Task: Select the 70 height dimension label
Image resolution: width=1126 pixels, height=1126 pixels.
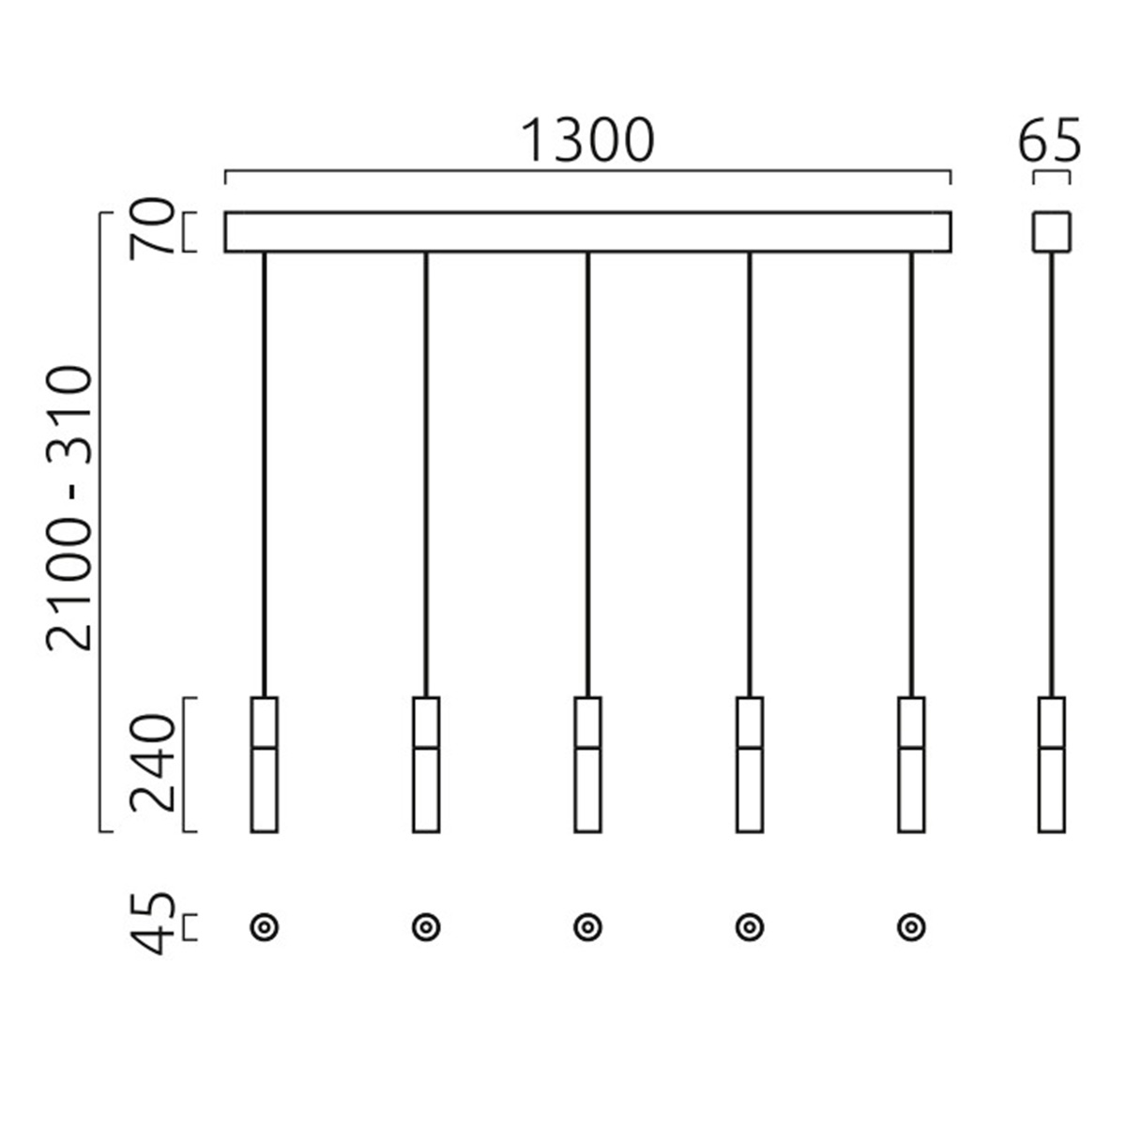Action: coord(152,230)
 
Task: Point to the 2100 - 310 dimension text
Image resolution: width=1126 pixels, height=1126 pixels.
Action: coord(68,509)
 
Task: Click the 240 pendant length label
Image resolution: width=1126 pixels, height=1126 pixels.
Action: coord(152,764)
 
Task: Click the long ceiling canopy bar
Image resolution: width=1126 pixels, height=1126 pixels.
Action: coord(587,232)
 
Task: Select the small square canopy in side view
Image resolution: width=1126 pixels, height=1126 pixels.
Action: coord(1051,232)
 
